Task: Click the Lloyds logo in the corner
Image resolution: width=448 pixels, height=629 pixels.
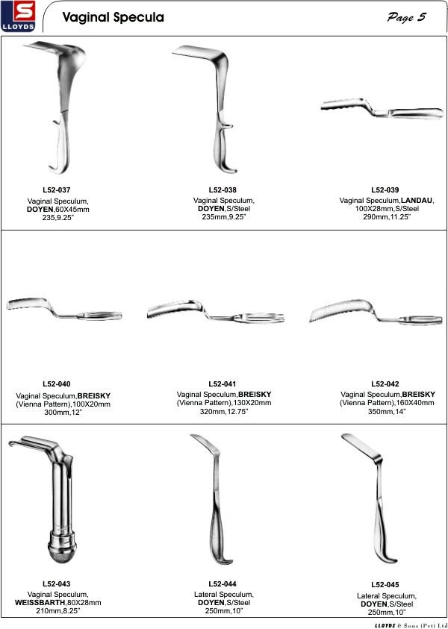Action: tap(18, 16)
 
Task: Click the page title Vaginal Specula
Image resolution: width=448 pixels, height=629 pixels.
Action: tap(113, 17)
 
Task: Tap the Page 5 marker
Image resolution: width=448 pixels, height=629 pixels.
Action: tap(406, 17)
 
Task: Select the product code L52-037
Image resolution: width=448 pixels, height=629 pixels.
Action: tap(57, 190)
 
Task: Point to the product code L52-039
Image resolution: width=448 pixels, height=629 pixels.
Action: tap(385, 190)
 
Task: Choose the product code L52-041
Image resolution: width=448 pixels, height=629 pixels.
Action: tap(223, 384)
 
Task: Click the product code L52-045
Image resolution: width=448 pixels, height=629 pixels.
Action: tap(385, 584)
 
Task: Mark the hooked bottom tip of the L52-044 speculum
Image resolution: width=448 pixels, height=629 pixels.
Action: tap(225, 561)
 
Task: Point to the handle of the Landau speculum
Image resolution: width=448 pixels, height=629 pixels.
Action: tap(417, 113)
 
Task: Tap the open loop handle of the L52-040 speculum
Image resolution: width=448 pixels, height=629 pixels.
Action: tap(99, 316)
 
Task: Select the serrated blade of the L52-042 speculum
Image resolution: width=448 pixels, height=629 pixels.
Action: tap(341, 310)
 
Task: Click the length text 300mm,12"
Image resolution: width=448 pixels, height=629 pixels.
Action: tap(63, 413)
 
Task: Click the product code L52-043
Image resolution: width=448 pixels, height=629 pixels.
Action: tap(57, 583)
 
